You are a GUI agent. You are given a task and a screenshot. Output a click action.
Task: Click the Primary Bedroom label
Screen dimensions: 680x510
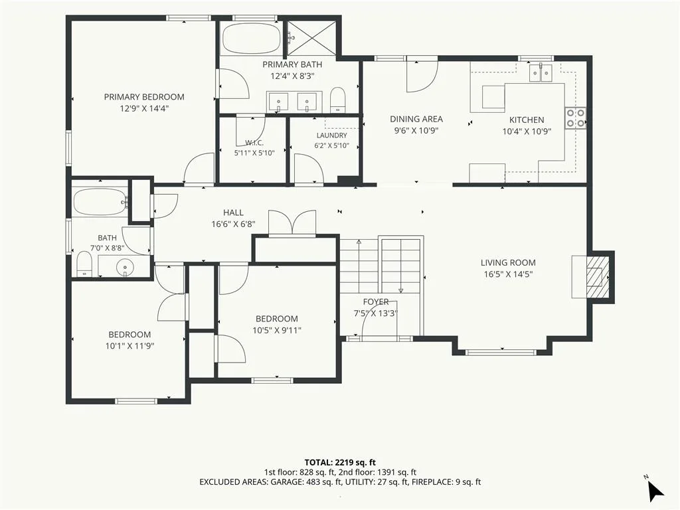tap(144, 97)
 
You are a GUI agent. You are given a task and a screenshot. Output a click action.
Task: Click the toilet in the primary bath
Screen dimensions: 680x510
tap(337, 100)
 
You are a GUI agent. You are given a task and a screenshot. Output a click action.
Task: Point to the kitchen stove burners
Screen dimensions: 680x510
tap(575, 118)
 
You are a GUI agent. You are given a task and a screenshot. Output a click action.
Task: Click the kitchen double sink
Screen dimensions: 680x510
tap(540, 72)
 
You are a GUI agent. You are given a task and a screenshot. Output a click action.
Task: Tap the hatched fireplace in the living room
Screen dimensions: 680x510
tap(598, 277)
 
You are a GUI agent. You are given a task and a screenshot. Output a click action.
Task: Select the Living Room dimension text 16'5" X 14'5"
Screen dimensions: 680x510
tap(508, 274)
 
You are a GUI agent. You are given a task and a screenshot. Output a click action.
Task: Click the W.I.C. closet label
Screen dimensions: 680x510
tap(254, 143)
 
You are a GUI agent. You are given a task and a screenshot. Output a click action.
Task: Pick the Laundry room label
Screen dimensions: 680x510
tap(332, 135)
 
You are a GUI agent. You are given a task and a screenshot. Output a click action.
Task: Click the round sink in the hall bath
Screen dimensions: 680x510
tap(125, 266)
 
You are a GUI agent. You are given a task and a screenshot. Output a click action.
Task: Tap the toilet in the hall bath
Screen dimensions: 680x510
tap(84, 263)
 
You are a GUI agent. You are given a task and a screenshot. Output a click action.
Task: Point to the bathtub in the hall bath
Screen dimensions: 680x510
tap(100, 202)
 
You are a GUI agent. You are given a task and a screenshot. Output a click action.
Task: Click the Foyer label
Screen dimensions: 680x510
tap(376, 302)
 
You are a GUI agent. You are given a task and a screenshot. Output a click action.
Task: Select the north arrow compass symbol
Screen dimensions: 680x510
tap(655, 489)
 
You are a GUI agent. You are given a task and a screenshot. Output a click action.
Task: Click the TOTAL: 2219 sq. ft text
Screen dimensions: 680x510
tap(340, 462)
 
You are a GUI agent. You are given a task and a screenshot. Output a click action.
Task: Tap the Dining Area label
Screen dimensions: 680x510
tap(416, 119)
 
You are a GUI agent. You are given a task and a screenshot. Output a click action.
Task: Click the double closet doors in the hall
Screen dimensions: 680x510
tap(292, 223)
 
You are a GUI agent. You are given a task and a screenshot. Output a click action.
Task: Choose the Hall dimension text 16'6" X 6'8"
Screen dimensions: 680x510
tap(233, 224)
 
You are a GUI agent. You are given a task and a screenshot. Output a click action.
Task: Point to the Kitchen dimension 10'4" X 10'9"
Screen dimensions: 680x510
tap(527, 131)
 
